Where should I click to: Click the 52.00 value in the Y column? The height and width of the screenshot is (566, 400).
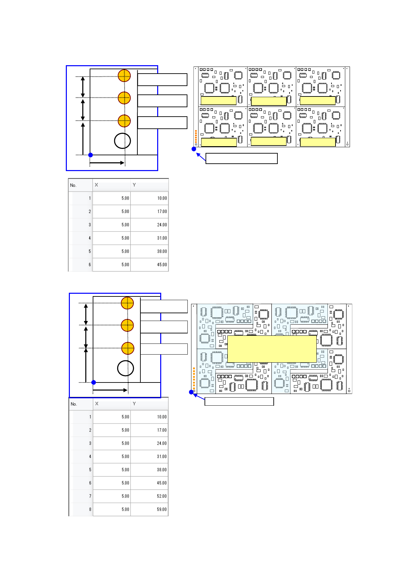coord(162,496)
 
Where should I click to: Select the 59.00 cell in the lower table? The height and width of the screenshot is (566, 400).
coord(162,509)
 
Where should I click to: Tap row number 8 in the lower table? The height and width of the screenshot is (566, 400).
coord(90,509)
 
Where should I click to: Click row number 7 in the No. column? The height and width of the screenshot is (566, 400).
coord(90,496)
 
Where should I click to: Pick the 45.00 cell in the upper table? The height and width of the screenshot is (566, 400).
coord(162,265)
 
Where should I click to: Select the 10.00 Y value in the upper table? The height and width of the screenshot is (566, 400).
coord(162,198)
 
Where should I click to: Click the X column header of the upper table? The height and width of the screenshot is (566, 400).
coord(97,185)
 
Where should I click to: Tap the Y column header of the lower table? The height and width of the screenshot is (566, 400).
coord(134,404)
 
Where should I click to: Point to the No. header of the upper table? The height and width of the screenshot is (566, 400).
coord(73,185)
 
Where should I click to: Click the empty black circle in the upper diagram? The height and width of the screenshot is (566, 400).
coord(122,141)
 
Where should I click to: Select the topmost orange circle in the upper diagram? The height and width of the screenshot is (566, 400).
coord(124,76)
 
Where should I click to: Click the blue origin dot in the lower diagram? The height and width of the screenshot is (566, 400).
coord(94,382)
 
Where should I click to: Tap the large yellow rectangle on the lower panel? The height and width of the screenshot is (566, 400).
coord(272,349)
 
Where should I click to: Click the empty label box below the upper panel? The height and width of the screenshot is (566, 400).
coord(241,158)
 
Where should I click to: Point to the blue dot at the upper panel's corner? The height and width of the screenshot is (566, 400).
coord(194,149)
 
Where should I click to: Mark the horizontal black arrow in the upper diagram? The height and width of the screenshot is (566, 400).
coord(107,163)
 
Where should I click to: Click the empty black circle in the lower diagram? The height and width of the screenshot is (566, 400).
coord(126,368)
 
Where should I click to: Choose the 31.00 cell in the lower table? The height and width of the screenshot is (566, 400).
coord(162,456)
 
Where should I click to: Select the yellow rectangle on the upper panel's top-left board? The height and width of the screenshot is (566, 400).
coord(218,100)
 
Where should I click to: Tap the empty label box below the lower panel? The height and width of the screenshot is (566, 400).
coord(239,401)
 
